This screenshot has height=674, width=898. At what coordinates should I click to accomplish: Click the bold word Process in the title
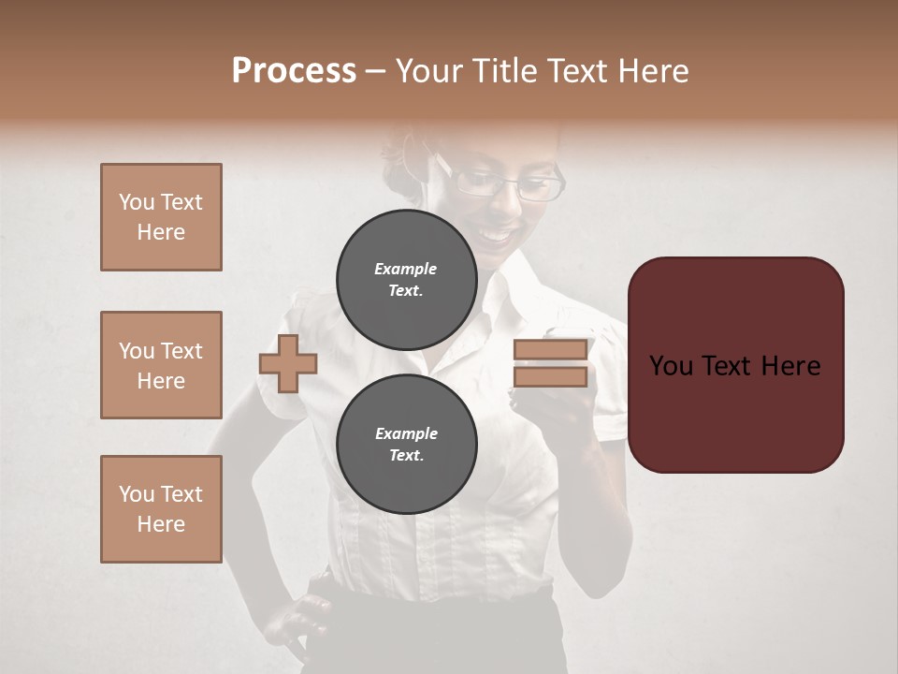click(294, 71)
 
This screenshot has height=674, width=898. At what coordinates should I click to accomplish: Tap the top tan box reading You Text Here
click(161, 217)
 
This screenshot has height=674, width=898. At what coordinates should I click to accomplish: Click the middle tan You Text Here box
click(161, 365)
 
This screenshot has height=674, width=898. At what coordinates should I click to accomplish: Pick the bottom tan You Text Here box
click(161, 508)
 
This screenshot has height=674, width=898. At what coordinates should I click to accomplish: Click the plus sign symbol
click(288, 363)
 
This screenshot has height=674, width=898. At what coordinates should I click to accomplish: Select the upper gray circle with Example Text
click(406, 279)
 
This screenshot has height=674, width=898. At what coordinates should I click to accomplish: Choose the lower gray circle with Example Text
click(406, 444)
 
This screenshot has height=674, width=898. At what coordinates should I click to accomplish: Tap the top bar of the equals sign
click(551, 350)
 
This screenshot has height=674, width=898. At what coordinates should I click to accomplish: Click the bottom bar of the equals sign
click(551, 376)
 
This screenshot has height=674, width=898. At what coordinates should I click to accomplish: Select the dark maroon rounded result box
click(735, 365)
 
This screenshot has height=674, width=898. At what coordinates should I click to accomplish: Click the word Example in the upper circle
click(406, 269)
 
